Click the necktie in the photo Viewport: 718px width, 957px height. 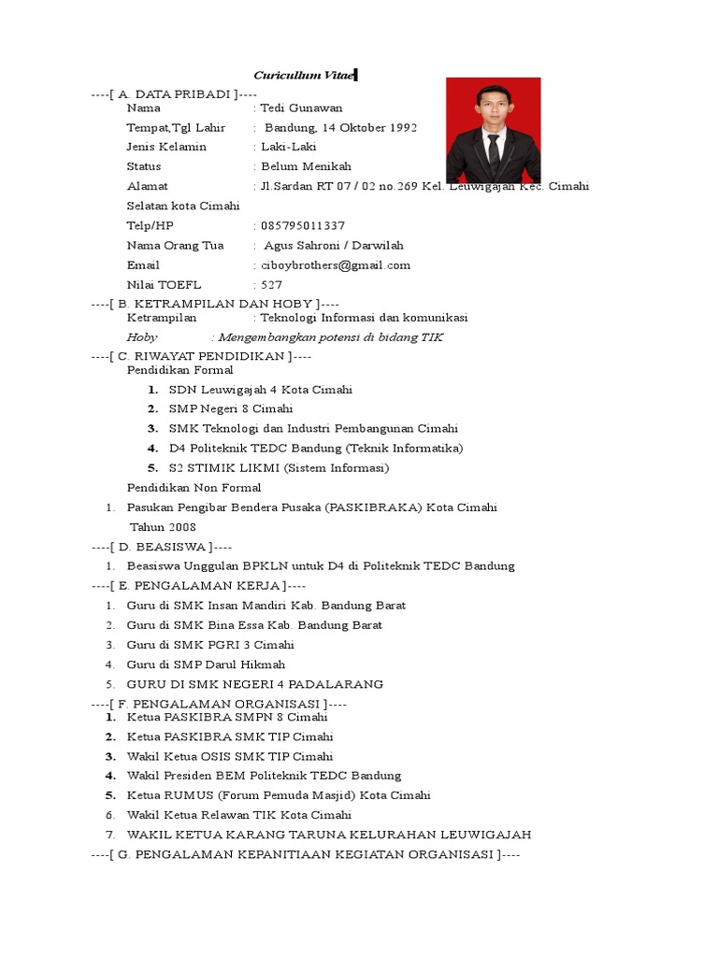pyautogui.click(x=493, y=150)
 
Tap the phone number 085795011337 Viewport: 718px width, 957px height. pyautogui.click(x=303, y=225)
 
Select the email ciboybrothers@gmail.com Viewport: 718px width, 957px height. pyautogui.click(x=336, y=264)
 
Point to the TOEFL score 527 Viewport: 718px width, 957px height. pyautogui.click(x=271, y=284)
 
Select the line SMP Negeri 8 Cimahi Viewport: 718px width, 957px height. pyautogui.click(x=231, y=408)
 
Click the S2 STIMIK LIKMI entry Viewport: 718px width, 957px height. pyautogui.click(x=279, y=467)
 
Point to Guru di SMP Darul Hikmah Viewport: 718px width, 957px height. pyautogui.click(x=207, y=664)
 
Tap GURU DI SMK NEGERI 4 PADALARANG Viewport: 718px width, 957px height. pyautogui.click(x=255, y=684)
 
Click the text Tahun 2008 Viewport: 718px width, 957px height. pyautogui.click(x=163, y=527)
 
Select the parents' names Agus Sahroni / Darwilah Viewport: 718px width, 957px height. pyautogui.click(x=334, y=245)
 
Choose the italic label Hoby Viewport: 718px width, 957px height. pyautogui.click(x=142, y=336)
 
